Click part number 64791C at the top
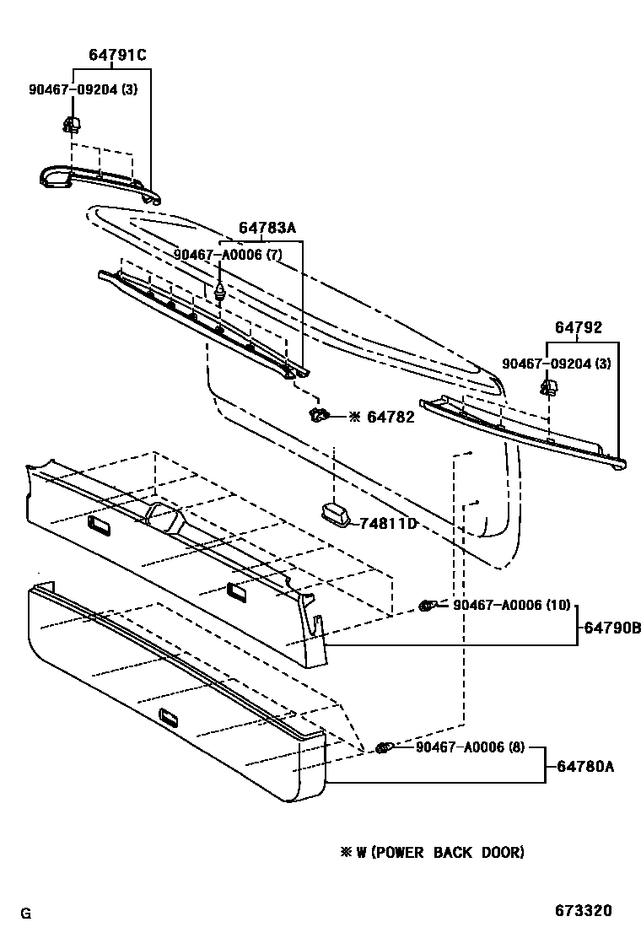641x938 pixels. click(117, 56)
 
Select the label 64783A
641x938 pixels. click(267, 228)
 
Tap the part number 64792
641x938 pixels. click(579, 328)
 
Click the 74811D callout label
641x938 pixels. click(389, 524)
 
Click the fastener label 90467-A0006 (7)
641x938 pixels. click(228, 255)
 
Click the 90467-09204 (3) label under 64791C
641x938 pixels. click(81, 90)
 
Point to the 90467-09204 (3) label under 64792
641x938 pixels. click(557, 364)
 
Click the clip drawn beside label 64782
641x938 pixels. click(318, 414)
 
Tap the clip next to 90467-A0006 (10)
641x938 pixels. click(428, 606)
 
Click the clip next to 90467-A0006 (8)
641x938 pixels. click(384, 747)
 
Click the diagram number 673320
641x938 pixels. click(583, 911)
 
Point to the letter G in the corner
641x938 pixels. click(26, 913)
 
